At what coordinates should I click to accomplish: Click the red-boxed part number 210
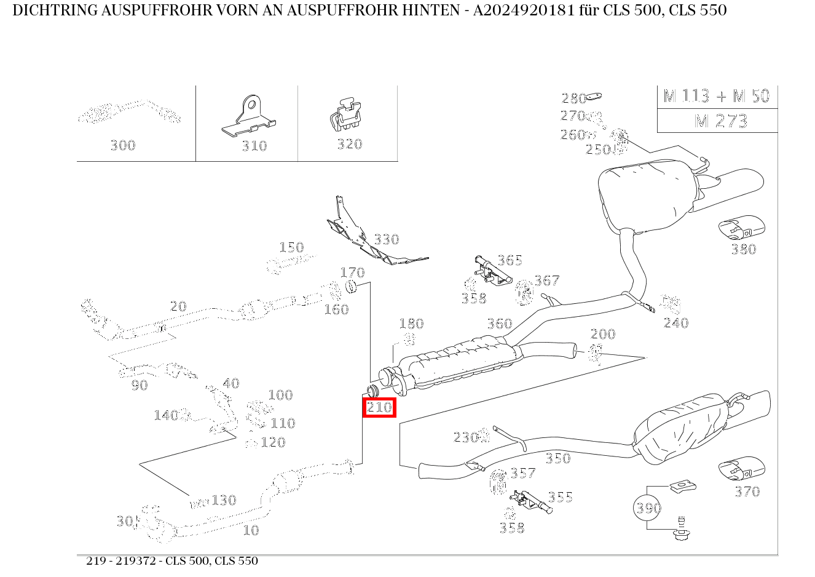coord(379,407)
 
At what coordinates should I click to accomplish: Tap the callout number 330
coord(386,239)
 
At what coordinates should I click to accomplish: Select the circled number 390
coord(648,507)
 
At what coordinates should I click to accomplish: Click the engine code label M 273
coord(720,121)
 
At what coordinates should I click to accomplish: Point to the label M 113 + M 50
coord(717,96)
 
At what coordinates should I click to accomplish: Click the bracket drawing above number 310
coord(248,116)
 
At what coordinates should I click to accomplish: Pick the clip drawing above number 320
coord(345,114)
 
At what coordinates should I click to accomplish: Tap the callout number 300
coord(122,145)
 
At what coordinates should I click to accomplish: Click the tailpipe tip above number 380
coord(742,228)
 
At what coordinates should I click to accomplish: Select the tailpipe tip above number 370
coord(742,469)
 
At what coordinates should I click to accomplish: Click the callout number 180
coord(411,324)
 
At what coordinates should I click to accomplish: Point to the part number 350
coord(557,458)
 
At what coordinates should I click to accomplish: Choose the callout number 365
coord(510,260)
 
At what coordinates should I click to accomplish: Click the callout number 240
coord(675,323)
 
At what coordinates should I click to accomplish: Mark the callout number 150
coord(291,247)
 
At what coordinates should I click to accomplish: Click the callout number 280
coord(573,98)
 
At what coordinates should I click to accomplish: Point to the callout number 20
coord(178,306)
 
